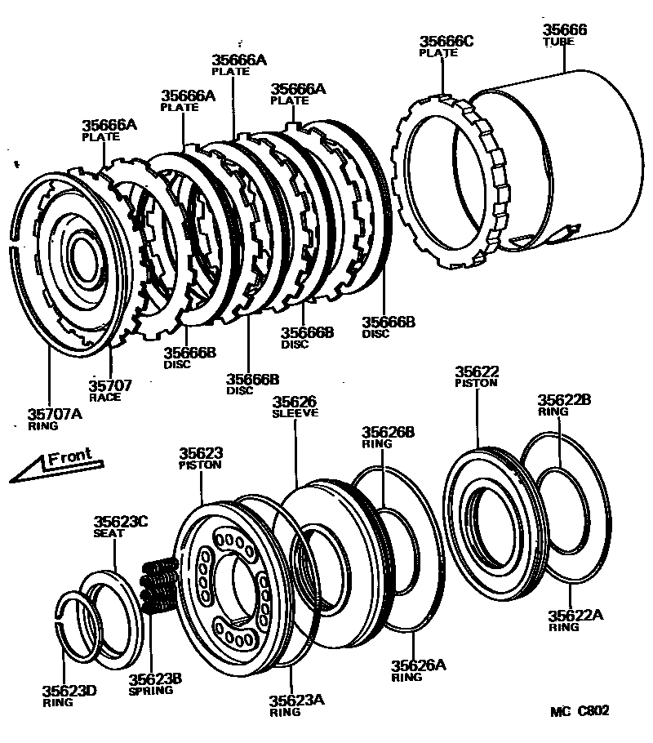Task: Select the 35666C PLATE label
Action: [446, 46]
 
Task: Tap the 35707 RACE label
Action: [111, 389]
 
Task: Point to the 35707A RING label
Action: [56, 419]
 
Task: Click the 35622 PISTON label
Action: [477, 375]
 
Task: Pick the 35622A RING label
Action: [575, 620]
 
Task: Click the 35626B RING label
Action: [389, 437]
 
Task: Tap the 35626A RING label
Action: [418, 670]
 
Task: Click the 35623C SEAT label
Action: [120, 526]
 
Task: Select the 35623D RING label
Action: [69, 696]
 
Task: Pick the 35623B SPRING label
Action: [155, 683]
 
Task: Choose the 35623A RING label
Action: [297, 704]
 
